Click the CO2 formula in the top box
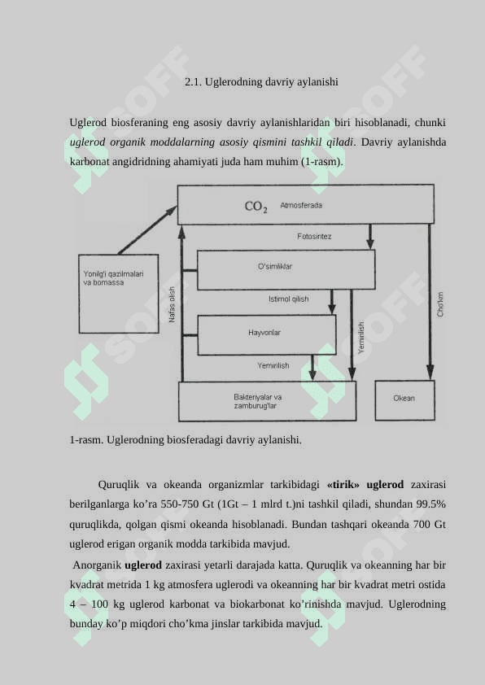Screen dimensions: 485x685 click(256, 206)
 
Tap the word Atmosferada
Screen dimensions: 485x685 click(301, 205)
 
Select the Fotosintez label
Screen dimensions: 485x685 click(314, 237)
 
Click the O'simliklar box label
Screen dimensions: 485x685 click(275, 267)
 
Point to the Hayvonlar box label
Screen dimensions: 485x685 click(264, 333)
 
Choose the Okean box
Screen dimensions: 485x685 click(404, 400)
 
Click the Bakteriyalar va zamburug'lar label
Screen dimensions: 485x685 click(257, 401)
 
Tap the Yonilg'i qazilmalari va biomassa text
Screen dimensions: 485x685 click(113, 278)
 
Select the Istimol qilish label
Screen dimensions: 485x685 click(288, 299)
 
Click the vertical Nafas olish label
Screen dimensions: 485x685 click(173, 304)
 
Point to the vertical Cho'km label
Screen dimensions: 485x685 click(440, 304)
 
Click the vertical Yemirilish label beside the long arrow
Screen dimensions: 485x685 click(361, 338)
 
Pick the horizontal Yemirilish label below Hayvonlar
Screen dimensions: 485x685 click(273, 365)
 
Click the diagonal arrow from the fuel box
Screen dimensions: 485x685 click(147, 230)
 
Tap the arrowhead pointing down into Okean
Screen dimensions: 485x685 click(430, 373)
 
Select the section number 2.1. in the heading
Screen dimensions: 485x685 click(193, 81)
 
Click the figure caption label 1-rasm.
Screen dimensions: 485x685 click(86, 439)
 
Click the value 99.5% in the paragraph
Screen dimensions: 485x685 click(430, 504)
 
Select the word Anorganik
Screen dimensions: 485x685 click(97, 565)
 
